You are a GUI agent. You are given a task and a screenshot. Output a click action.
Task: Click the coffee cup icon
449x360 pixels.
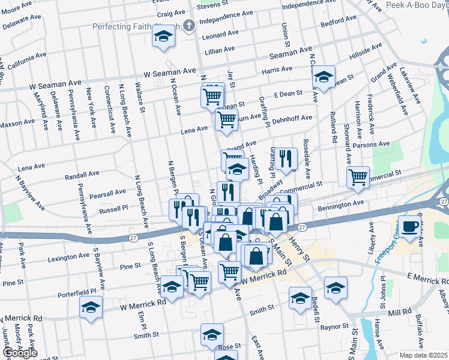coord(410,227)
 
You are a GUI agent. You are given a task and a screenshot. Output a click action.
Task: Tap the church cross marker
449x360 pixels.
coord(189,26)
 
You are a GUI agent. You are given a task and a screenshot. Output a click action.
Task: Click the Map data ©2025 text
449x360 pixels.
coord(423,355)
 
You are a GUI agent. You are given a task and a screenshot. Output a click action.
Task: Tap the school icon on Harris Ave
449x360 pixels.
coord(324,77)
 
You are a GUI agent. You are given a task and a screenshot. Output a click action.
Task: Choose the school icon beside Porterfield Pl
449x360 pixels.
coord(91,308)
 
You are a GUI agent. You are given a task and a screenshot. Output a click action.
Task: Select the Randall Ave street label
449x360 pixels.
coord(82,175)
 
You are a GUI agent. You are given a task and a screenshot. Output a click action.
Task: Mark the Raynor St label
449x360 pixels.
coord(334,328)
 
